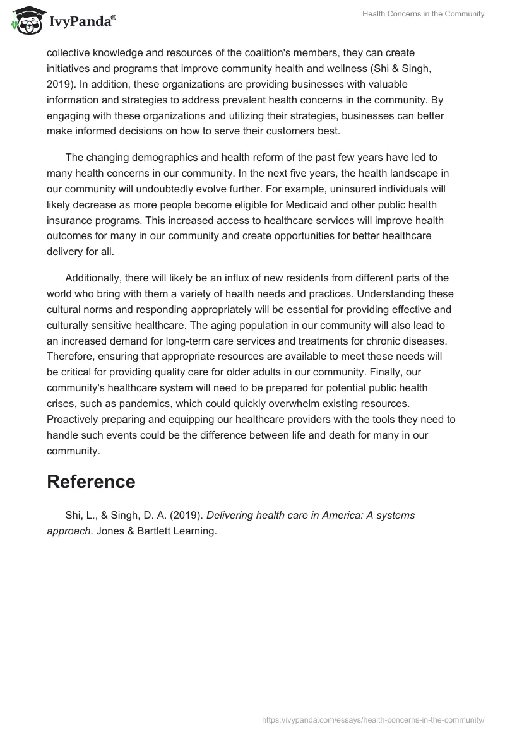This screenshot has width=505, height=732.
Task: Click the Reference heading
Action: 91,481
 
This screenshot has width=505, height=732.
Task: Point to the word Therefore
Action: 72,357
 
